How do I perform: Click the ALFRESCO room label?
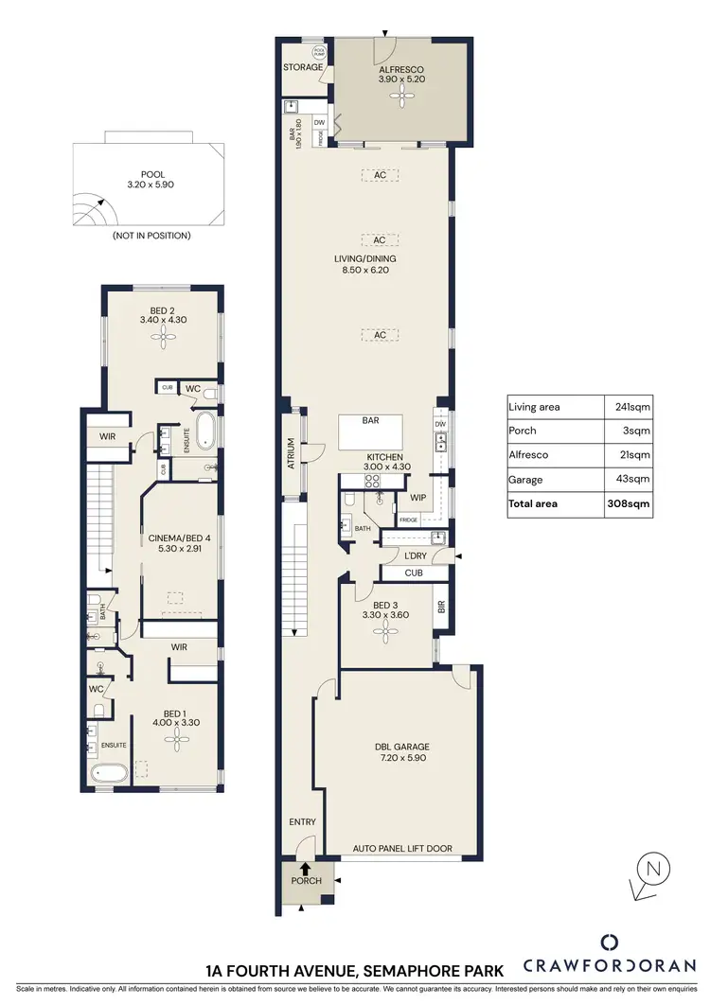click(400, 70)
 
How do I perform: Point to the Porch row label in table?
click(524, 431)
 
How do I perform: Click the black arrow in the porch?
click(306, 865)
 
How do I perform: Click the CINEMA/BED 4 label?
click(179, 540)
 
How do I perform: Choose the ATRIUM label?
click(292, 454)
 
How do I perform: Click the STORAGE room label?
click(303, 68)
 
